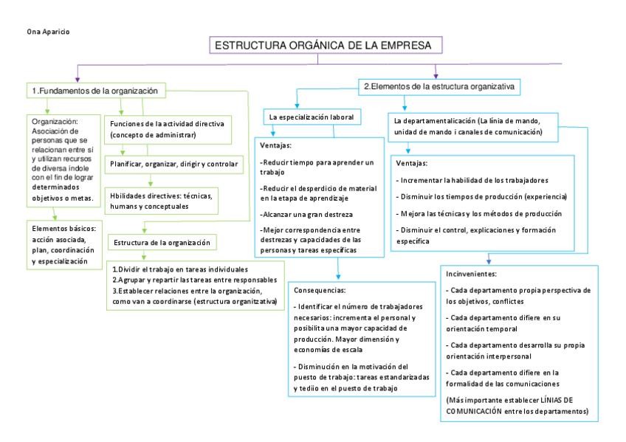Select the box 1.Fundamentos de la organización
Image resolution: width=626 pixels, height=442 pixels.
point(94,91)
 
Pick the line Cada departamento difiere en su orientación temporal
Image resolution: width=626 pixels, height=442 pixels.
point(502,322)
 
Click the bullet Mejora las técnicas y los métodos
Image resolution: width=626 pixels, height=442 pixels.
point(479,213)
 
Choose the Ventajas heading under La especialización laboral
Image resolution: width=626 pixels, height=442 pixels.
point(275,145)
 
